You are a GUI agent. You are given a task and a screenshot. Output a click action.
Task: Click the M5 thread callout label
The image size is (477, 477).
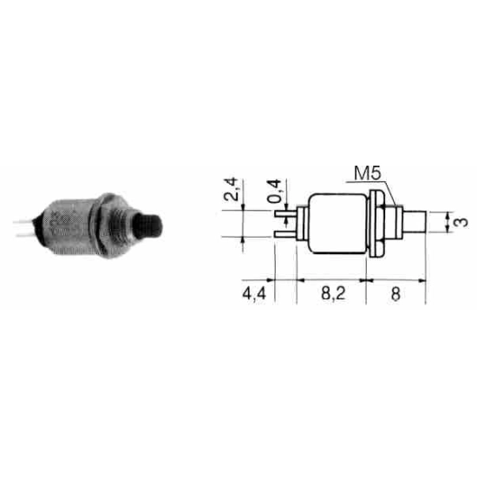coord(368,173)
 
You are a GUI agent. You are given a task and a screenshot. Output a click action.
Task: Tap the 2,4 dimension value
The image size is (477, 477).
coord(231,189)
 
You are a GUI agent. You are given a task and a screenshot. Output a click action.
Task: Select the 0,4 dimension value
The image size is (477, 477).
coord(274,192)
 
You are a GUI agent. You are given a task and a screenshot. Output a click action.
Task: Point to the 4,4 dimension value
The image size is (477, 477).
coord(254,294)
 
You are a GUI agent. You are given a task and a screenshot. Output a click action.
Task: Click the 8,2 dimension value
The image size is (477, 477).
coord(333,294)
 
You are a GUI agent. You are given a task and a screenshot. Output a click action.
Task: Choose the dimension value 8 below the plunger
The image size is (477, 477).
coord(395,294)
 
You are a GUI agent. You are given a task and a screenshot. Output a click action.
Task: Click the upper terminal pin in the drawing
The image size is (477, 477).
coord(285,213)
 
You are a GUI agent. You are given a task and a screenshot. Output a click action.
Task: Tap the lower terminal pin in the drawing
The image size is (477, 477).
coord(285,234)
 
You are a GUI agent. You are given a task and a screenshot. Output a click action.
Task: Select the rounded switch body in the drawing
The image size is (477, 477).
coord(337,224)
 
